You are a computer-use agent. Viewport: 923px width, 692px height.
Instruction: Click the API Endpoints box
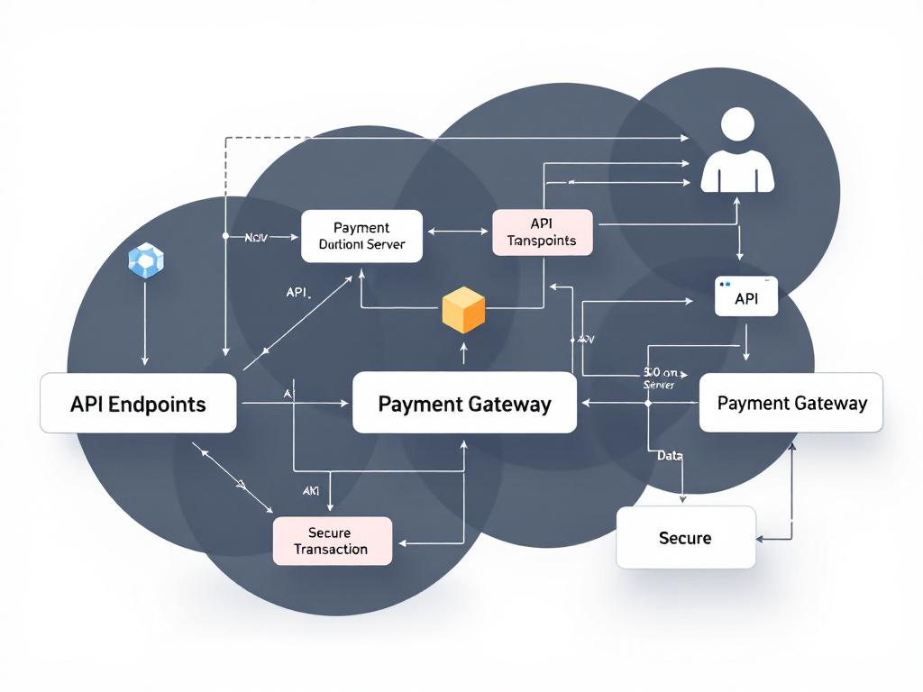click(138, 404)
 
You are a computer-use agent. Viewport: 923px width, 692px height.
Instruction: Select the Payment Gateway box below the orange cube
click(464, 403)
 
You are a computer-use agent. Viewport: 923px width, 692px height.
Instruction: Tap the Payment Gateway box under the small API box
click(791, 403)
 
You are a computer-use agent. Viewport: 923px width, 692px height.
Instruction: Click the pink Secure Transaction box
click(332, 541)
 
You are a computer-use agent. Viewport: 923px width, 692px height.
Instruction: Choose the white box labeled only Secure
click(685, 538)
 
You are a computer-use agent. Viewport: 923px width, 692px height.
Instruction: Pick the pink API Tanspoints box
click(543, 232)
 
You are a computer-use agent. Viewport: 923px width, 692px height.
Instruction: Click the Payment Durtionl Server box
click(361, 236)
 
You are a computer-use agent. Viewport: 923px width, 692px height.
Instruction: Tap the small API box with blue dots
click(745, 297)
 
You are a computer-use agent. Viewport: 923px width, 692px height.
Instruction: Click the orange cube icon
click(463, 310)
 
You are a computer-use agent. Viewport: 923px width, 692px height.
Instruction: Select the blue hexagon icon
click(144, 259)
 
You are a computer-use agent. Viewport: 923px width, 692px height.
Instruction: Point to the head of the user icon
click(737, 124)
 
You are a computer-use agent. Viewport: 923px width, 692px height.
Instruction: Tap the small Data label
click(670, 456)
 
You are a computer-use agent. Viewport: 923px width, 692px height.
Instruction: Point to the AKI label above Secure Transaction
click(310, 491)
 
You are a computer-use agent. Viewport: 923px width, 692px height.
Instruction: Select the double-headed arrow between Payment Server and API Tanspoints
click(458, 232)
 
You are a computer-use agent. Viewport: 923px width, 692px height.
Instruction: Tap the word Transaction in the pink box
click(331, 549)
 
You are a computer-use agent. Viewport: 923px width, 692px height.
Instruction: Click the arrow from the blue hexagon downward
click(145, 324)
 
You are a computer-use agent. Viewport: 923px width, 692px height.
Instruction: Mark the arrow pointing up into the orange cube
click(463, 351)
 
